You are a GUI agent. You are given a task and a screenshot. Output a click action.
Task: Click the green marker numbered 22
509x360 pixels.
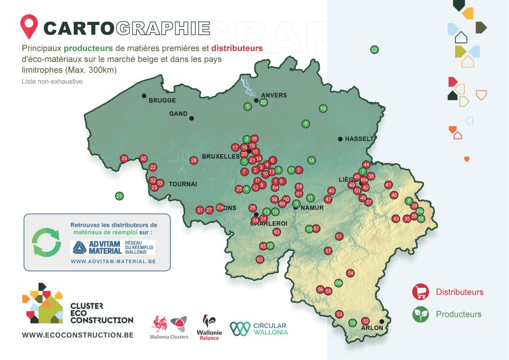pos(374,50)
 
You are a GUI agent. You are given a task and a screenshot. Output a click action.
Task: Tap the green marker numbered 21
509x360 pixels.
pos(119,196)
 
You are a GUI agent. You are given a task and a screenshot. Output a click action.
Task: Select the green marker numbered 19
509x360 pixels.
pos(323,109)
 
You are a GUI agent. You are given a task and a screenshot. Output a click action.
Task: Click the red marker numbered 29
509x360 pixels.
pos(124,159)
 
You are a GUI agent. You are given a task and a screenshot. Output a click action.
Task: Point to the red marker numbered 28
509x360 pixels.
pos(194,160)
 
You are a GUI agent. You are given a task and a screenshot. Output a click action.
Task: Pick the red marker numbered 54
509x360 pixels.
pos(350,273)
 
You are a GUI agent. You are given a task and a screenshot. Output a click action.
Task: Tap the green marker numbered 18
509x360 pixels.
pos(353,323)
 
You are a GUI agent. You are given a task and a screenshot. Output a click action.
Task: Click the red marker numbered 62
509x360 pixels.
pos(260,259)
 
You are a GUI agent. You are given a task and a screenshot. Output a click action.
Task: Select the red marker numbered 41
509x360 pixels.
pos(388,185)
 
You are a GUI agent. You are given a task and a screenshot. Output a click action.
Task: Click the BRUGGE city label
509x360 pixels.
pos(162,100)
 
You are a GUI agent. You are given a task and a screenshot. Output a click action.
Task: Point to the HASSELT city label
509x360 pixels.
pos(359,139)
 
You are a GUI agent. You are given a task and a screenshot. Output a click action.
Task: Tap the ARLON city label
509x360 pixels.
pos(372,328)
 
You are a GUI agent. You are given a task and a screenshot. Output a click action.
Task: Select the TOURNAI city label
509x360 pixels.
pos(183,184)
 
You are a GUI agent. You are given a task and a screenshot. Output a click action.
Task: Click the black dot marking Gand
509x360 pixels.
pos(191,118)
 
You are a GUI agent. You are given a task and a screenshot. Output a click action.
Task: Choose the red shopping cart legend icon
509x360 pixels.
pos(420,292)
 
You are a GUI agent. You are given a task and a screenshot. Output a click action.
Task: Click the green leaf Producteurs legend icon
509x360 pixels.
pos(420,314)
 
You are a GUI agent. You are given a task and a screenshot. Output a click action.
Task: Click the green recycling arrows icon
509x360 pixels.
pos(47,242)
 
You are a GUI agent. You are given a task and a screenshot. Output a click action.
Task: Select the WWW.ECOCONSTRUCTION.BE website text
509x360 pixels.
pos(77,335)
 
